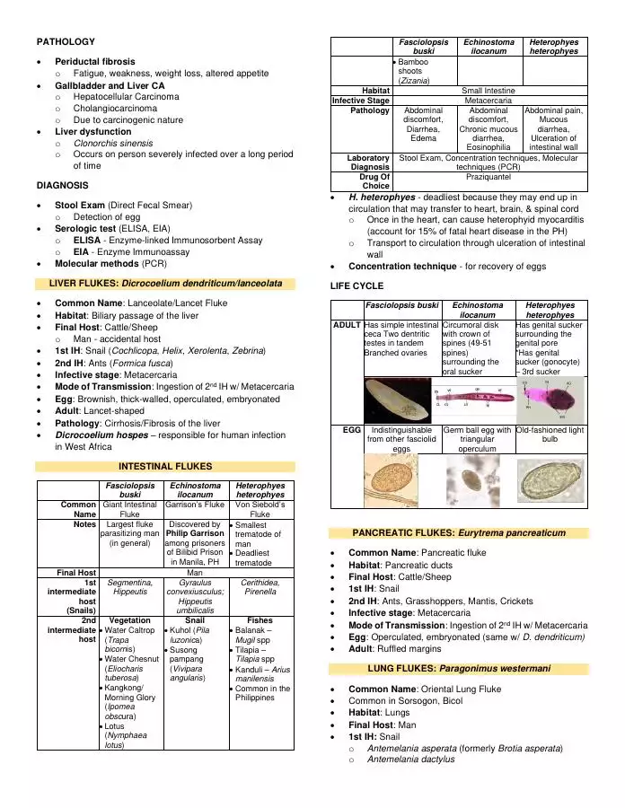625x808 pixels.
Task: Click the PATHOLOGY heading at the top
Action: pos(65,41)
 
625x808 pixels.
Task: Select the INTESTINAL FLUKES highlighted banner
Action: pos(165,466)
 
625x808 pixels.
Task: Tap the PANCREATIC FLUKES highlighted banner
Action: pos(459,532)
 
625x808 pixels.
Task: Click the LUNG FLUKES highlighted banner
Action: pos(459,668)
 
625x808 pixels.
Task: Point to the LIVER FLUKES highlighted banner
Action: pos(165,284)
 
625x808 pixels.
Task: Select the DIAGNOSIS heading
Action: pos(62,185)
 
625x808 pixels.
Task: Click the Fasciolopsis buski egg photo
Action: pos(392,482)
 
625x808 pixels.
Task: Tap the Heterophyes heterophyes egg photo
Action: pos(550,482)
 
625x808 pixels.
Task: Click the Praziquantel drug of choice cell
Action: pos(489,178)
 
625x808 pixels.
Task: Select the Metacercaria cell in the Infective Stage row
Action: pos(489,101)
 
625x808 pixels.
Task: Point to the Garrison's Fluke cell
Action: pos(195,505)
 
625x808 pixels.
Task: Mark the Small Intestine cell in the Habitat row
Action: pos(489,91)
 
